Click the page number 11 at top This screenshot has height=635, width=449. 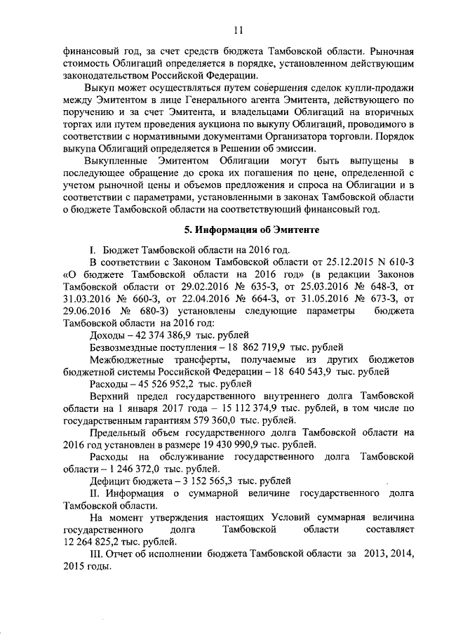(239, 30)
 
